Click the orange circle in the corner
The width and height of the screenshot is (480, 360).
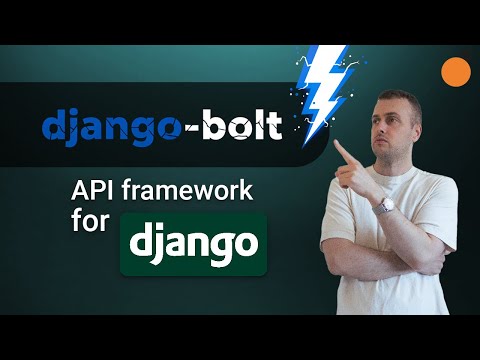pos(456,71)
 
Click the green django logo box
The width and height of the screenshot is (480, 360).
pos(193,243)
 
